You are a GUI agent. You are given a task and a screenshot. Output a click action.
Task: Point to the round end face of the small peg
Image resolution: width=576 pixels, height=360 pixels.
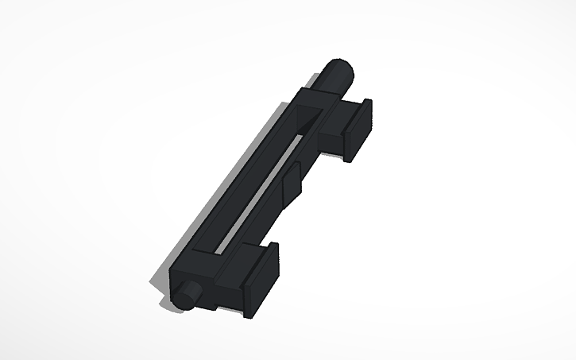pyautogui.click(x=185, y=296)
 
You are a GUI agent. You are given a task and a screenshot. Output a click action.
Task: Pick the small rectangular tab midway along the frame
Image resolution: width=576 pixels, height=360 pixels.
pyautogui.click(x=292, y=180)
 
